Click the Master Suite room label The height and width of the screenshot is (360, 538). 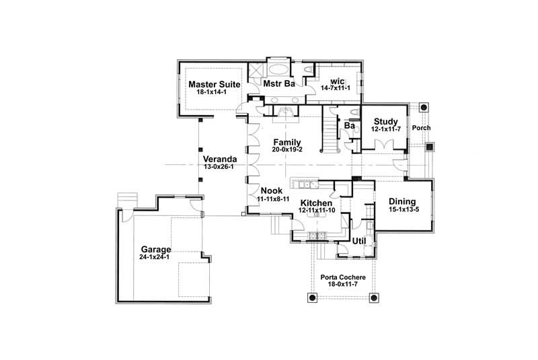tap(210, 84)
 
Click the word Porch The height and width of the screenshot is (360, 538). tap(422, 128)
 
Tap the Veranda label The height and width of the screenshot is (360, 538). tap(219, 159)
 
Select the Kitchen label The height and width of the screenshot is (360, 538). tap(316, 203)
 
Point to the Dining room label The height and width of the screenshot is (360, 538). tap(402, 202)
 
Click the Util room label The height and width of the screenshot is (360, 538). tap(358, 240)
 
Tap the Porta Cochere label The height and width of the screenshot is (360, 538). tap(342, 277)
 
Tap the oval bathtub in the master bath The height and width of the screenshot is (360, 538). tap(277, 69)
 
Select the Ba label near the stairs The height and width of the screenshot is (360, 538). tap(349, 125)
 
